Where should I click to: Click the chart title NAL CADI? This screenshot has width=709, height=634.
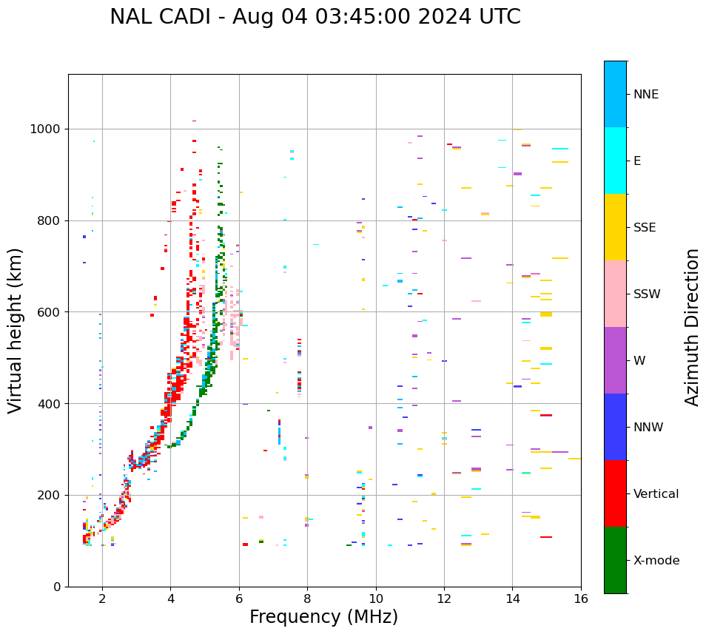(164, 17)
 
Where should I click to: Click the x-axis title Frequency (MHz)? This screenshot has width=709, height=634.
(323, 617)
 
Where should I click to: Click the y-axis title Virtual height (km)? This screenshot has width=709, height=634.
(16, 331)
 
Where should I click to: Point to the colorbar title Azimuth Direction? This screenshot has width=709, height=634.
(692, 327)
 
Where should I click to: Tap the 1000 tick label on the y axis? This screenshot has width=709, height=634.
(46, 129)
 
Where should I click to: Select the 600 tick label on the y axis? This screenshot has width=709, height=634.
(49, 312)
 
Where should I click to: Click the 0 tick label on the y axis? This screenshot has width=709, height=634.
(56, 587)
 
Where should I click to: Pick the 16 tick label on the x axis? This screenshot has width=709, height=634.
(581, 598)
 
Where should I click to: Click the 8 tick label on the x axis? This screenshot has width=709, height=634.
(307, 598)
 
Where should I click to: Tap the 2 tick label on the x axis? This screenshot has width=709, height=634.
(102, 598)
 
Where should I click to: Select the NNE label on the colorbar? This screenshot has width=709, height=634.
(645, 95)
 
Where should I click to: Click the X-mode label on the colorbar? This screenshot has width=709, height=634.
(656, 561)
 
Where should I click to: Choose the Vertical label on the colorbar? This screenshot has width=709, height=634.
(656, 494)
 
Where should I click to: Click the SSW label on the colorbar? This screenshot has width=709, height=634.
(647, 294)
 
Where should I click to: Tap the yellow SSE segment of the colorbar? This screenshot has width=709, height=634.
(615, 227)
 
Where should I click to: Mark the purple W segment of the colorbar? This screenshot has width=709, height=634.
(615, 360)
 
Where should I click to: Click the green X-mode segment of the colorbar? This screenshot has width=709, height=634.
(615, 560)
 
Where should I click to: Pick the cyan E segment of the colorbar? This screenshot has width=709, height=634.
(615, 161)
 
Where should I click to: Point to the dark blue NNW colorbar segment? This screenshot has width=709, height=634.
(615, 427)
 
